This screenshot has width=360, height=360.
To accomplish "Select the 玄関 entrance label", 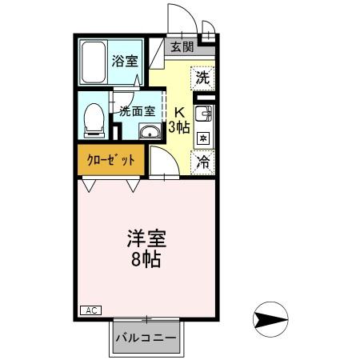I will [x=181, y=46].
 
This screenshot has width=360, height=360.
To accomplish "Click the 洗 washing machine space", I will [x=203, y=78].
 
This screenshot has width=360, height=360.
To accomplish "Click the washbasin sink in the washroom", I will [x=149, y=132].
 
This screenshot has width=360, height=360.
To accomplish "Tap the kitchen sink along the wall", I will [x=202, y=114].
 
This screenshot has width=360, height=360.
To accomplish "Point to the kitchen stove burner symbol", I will [x=203, y=138].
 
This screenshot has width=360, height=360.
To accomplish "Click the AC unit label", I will [x=90, y=310].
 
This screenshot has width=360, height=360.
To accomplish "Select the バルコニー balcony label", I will [x=145, y=338].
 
